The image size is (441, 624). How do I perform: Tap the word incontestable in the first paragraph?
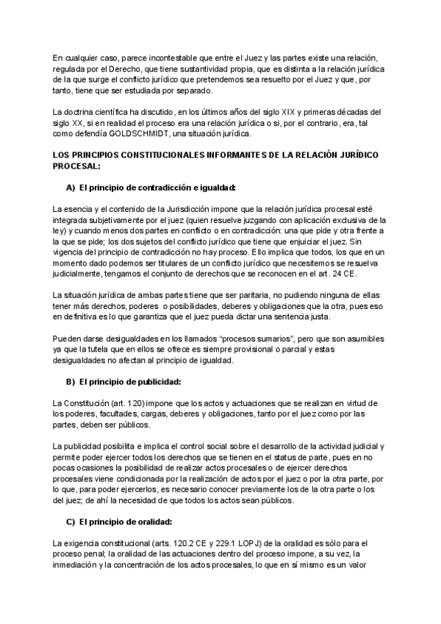click(174, 57)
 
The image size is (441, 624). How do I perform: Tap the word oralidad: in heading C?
click(151, 522)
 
